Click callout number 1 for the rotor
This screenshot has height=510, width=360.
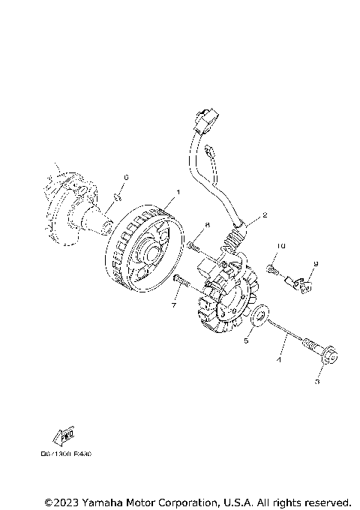click(x=177, y=193)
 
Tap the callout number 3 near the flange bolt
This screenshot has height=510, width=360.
click(x=317, y=382)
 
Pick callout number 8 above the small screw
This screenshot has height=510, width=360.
click(x=207, y=225)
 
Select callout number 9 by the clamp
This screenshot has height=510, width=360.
click(x=316, y=264)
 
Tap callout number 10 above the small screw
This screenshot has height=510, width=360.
click(x=281, y=247)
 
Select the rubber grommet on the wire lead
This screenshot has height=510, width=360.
click(x=235, y=239)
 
